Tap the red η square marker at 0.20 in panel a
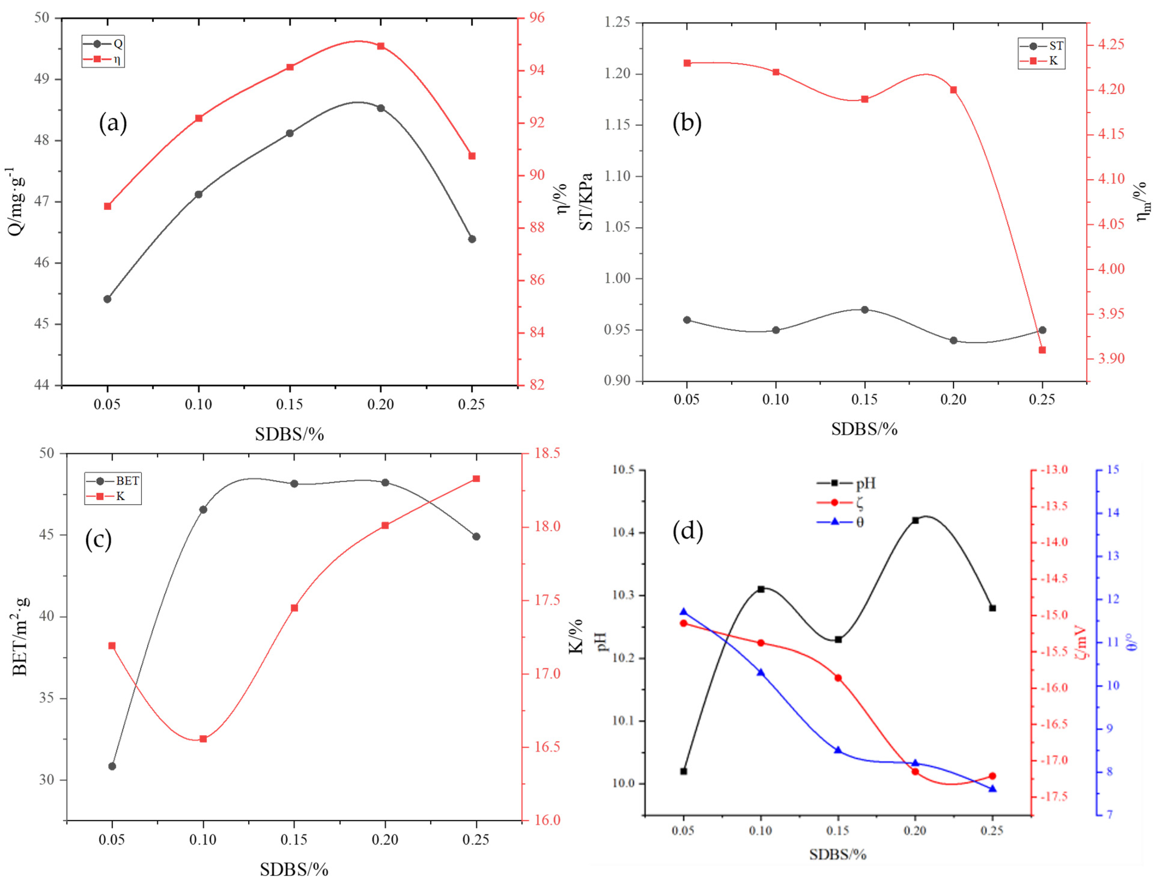click(x=381, y=46)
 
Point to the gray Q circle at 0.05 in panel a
click(x=107, y=299)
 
